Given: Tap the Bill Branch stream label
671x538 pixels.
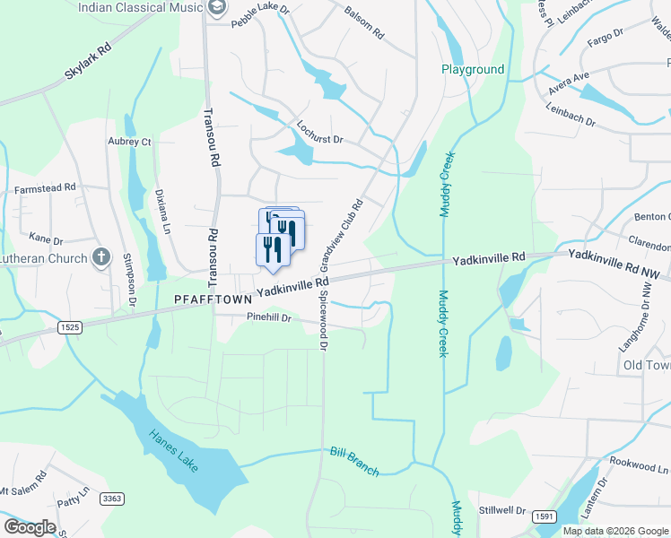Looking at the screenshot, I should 354,461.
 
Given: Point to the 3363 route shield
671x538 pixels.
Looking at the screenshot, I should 112,499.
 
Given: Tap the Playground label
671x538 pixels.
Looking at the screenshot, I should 473,69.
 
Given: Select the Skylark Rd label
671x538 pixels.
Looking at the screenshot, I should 88,61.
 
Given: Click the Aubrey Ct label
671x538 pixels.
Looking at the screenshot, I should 129,142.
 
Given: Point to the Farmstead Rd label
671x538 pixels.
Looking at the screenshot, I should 45,190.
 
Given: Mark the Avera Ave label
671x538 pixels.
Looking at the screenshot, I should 569,82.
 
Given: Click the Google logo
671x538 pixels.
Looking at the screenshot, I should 30,527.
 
